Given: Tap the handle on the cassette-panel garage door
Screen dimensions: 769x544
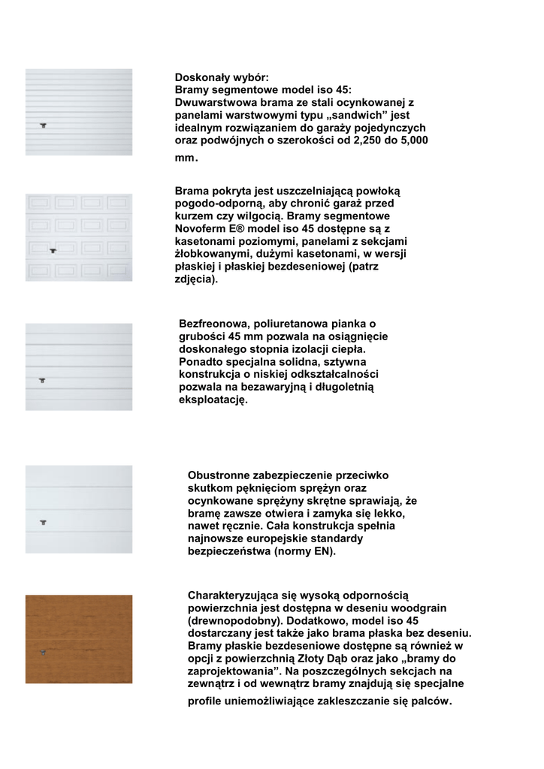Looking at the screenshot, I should (x=53, y=251).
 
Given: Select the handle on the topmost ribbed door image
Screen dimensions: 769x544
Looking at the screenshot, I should (x=44, y=125).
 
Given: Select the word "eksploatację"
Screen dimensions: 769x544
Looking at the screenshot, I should (x=213, y=400).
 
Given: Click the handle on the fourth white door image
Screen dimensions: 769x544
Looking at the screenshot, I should (x=44, y=520).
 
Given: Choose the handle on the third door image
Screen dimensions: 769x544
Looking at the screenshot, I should (x=44, y=381).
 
